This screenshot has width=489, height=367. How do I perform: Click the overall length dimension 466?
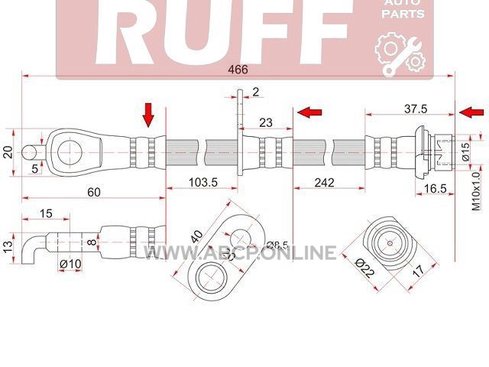point(238,70)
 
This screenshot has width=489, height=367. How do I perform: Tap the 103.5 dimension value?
point(203,182)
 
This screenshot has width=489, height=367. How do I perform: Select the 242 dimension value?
point(324,182)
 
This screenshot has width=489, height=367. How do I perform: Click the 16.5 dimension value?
point(436,189)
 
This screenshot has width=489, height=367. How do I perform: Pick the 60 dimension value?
point(94,192)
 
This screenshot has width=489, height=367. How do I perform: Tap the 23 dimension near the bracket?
point(266,122)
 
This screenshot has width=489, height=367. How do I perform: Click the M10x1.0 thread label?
point(476,191)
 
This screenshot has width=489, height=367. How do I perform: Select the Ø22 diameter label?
point(365,268)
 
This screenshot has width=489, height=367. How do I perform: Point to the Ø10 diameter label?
point(70,264)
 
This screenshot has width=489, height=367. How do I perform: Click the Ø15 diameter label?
point(465,151)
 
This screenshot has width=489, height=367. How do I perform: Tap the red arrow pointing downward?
point(148,115)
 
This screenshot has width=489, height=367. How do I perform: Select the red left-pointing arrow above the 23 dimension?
point(309,112)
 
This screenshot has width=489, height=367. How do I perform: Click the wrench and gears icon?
point(400,56)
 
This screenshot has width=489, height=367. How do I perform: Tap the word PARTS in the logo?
point(403,14)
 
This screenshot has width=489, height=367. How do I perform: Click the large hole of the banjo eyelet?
point(70,153)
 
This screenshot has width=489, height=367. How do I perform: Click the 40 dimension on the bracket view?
point(197,237)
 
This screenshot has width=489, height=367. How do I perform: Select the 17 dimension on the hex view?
point(418,271)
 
